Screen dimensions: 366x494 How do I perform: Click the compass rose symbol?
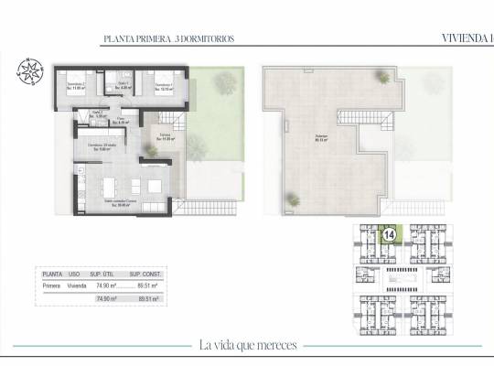pos(30,74)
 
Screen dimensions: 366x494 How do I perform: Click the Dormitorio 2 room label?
pos(76,87)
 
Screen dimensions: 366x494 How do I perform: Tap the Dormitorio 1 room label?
pos(165,88)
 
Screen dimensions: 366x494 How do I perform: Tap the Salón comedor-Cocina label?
pos(121,203)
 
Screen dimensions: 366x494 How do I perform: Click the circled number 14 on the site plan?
pos(389,235)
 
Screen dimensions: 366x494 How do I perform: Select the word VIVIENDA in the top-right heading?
pos(454,38)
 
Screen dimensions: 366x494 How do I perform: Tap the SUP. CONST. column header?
pos(145,273)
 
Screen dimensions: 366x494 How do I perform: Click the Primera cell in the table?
pos(53,285)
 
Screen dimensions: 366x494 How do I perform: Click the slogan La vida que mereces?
pos(247,345)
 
